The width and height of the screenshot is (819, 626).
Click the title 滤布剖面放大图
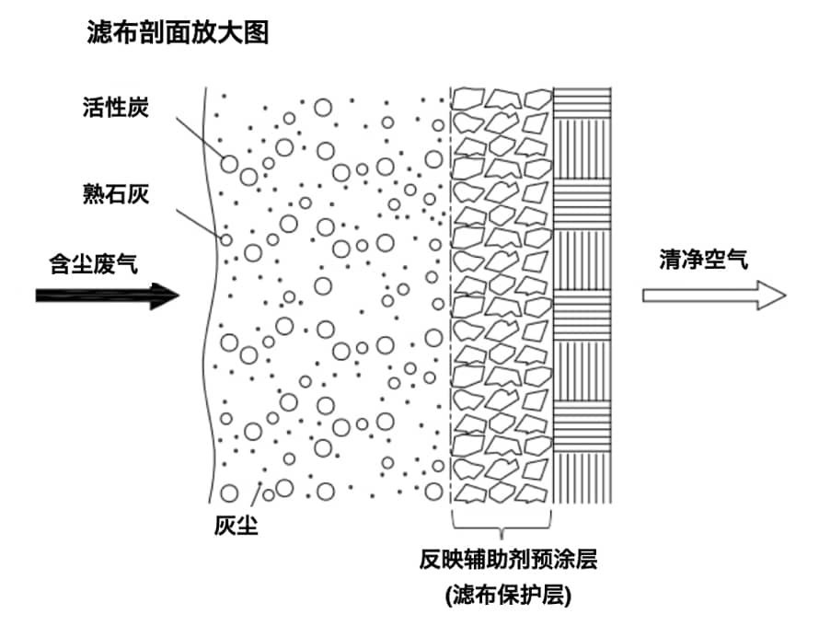[x=176, y=34]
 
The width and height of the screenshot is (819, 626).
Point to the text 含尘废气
[x=93, y=263]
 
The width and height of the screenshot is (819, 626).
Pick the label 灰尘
[x=236, y=527]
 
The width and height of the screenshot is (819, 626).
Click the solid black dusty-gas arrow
[x=106, y=296]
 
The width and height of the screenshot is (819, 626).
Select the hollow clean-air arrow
[x=713, y=296]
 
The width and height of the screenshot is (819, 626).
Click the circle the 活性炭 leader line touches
[x=229, y=164]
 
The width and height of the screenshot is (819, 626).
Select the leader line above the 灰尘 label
[x=255, y=497]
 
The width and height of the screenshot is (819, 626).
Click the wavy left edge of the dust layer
[x=213, y=295]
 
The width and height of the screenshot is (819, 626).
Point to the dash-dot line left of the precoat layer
[x=450, y=295]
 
